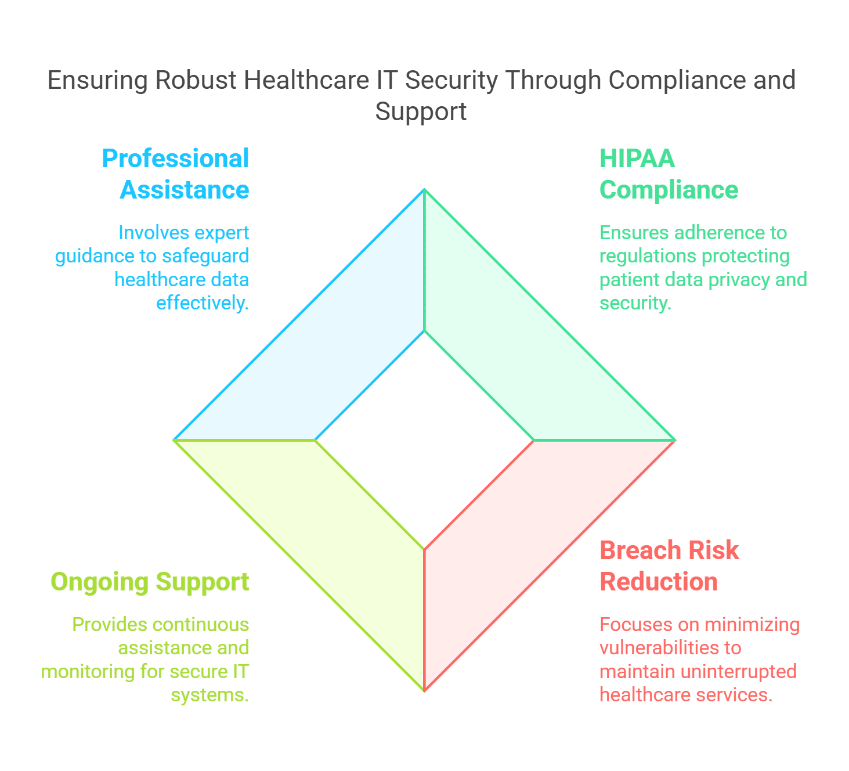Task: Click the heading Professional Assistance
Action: (x=175, y=174)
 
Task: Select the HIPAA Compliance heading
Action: (x=669, y=174)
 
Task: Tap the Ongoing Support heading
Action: (x=150, y=582)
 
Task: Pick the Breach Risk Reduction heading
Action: (x=669, y=566)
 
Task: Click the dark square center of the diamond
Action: (x=424, y=439)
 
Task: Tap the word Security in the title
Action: (x=451, y=80)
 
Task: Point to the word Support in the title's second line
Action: (x=421, y=111)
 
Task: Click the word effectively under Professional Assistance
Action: (x=202, y=302)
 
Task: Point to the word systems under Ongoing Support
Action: (x=209, y=695)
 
